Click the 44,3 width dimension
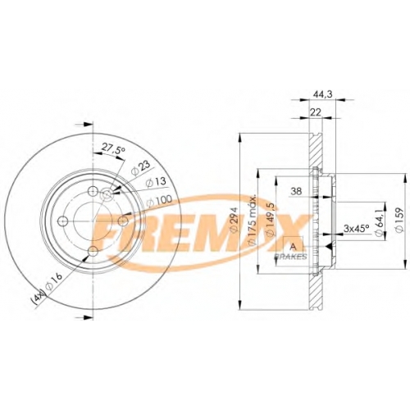point(318,94)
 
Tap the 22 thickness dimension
point(316,112)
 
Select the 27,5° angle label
point(114,148)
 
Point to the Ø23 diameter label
point(141,168)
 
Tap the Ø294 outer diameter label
point(234,221)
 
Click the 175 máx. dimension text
point(251,219)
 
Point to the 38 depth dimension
point(296,191)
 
